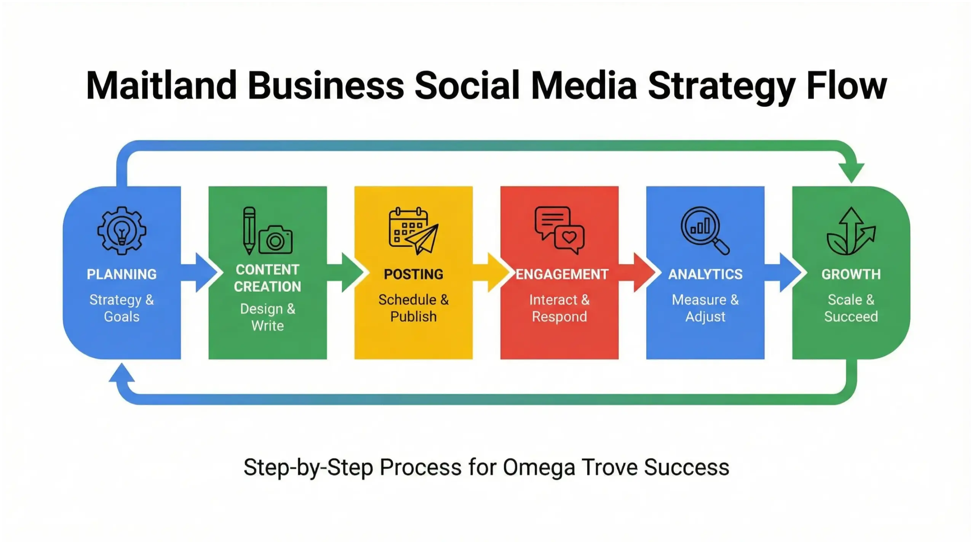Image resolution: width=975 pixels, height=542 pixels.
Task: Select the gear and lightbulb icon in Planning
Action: [x=121, y=231]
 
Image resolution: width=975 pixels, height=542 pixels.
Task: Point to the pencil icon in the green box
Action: [x=249, y=230]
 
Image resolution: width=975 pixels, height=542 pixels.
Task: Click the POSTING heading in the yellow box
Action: [x=413, y=274]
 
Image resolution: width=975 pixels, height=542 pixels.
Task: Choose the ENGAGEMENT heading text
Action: [x=562, y=274]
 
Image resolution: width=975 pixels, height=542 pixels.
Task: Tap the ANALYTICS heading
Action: [x=705, y=274]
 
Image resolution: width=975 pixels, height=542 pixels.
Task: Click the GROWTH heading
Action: [x=851, y=274]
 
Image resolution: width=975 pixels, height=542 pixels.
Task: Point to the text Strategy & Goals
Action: [x=121, y=308]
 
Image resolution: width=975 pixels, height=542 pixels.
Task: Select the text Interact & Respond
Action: [x=559, y=308]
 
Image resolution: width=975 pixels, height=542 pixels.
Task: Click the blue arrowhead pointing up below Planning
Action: [x=121, y=372]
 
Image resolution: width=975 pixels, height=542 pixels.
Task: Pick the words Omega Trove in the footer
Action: [x=570, y=467]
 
